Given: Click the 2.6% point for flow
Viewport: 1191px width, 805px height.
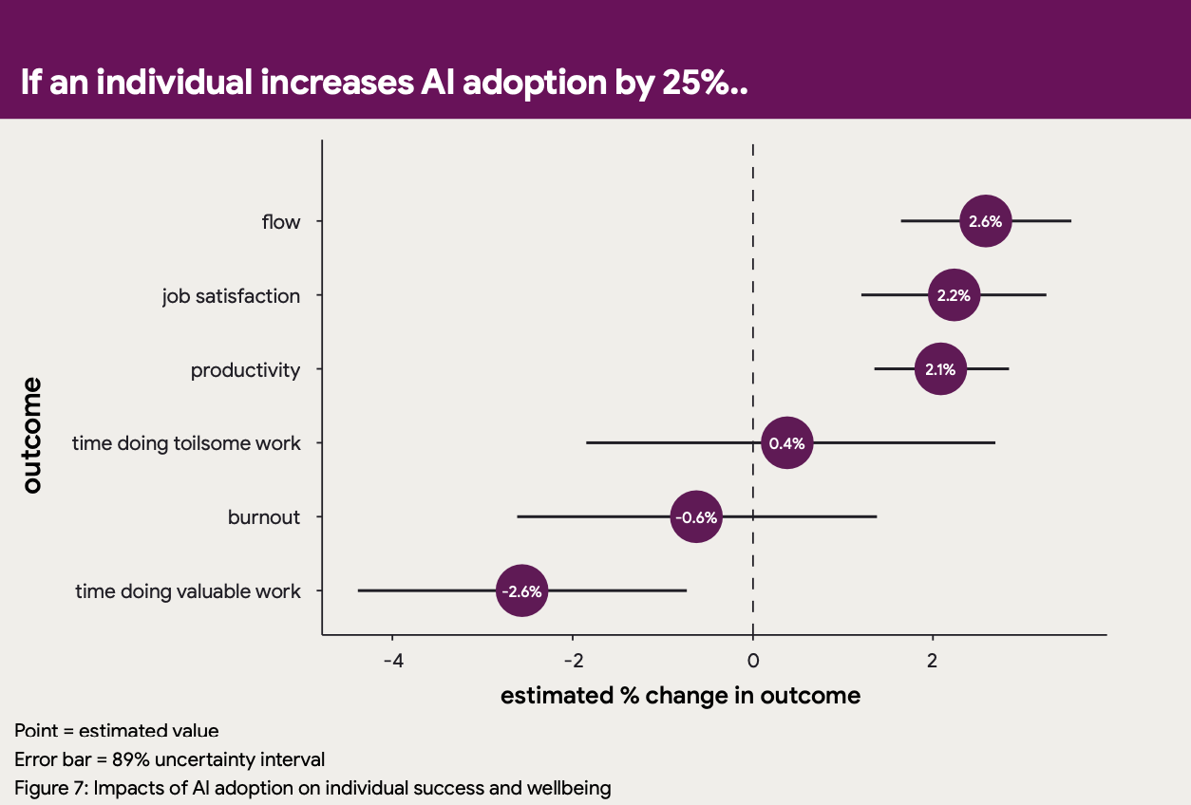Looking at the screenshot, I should [985, 221].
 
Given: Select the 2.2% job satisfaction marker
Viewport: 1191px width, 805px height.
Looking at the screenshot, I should [954, 295].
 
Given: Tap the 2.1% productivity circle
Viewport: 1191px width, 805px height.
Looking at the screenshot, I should [940, 369].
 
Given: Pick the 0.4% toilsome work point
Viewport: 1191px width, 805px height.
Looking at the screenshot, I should [786, 443].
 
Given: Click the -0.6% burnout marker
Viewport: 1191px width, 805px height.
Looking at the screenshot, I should [696, 517].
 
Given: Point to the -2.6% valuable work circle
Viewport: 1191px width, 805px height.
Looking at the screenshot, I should [521, 591].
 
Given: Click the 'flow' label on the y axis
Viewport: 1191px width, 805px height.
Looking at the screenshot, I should [281, 222].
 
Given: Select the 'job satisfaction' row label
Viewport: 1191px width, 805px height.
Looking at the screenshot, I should [231, 296].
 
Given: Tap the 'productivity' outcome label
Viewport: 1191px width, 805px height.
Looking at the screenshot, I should [245, 370].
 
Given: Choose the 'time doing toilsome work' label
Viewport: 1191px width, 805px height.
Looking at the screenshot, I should [186, 443].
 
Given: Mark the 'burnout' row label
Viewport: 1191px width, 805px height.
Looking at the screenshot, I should [264, 517].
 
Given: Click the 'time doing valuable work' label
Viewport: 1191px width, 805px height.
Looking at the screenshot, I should [188, 591].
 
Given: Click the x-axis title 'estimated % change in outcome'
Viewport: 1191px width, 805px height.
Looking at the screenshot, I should [680, 696].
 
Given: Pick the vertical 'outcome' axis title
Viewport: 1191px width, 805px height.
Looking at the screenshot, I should [32, 436].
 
